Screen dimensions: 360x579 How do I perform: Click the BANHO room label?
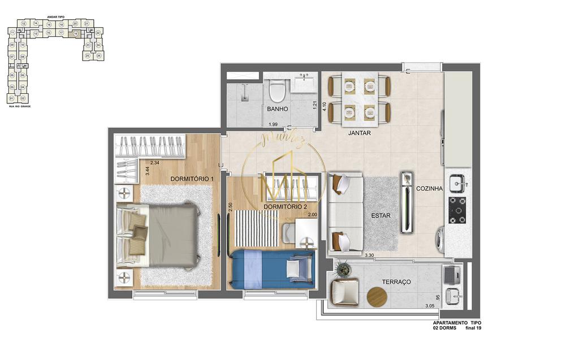278,109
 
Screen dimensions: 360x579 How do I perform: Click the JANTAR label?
360,133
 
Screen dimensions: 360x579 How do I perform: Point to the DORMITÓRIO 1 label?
192,179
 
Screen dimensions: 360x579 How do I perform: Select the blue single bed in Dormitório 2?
271,268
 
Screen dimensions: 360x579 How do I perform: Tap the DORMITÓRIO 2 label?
285,207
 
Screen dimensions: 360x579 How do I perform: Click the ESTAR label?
381,215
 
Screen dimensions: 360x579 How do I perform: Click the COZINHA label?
429,189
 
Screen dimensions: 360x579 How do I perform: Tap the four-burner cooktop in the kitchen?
457,209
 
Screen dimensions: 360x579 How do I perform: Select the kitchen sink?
456,183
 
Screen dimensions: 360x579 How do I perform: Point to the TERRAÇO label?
396,281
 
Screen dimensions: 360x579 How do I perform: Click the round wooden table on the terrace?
377,296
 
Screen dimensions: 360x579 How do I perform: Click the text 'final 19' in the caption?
474,327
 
